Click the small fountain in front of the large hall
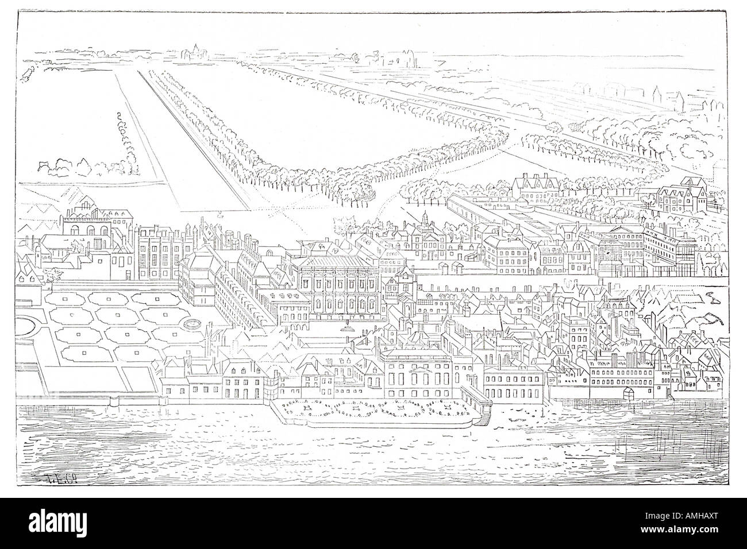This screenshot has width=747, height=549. click(x=347, y=328)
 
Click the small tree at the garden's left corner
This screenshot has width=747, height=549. click(x=54, y=275)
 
